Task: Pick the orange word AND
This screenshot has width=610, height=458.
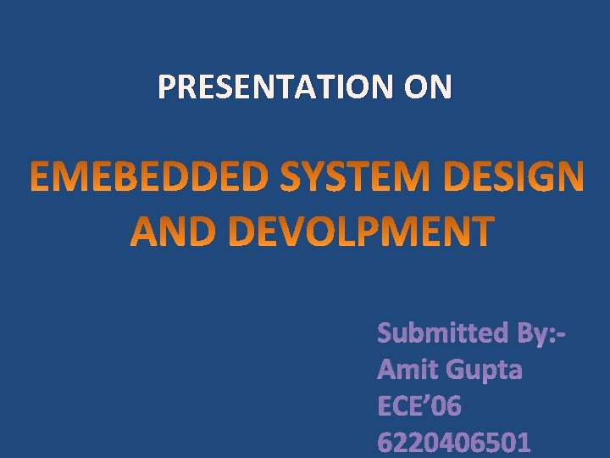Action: point(174,231)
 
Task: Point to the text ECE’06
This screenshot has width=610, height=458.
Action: point(419,406)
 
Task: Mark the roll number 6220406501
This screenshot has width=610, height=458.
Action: point(454,443)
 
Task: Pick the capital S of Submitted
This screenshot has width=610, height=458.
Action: point(385,332)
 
